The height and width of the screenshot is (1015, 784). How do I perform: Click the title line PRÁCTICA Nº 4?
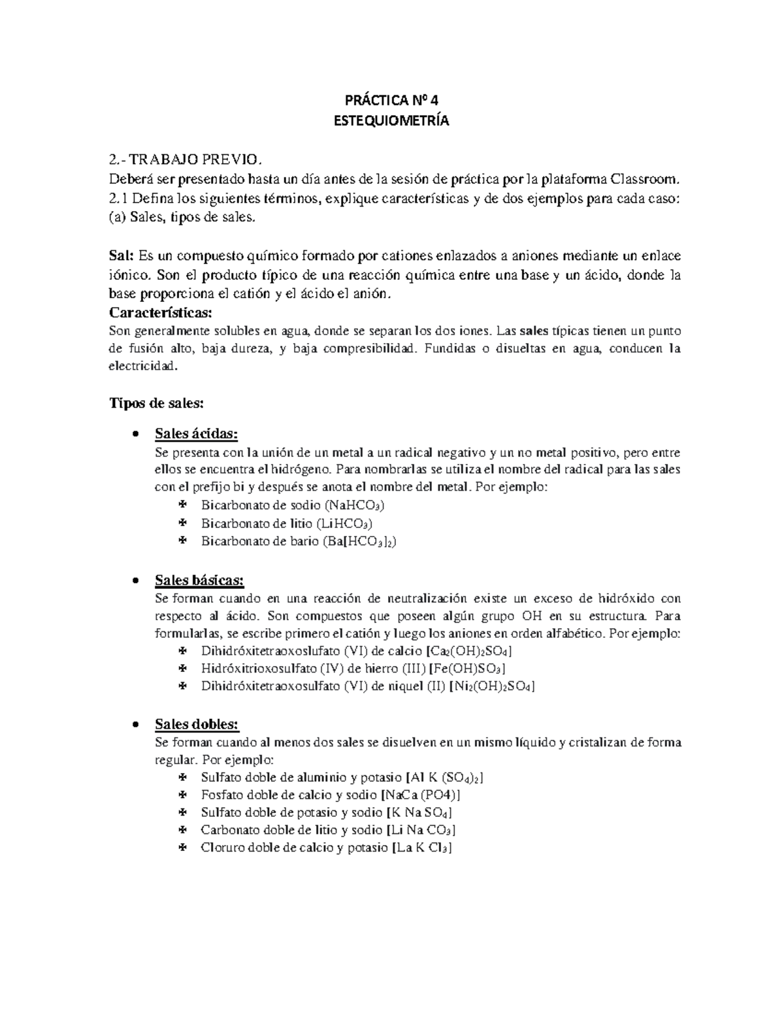pyautogui.click(x=392, y=101)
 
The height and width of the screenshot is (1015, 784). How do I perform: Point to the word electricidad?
pyautogui.click(x=142, y=367)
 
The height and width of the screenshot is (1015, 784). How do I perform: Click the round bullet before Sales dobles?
pyautogui.click(x=135, y=724)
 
